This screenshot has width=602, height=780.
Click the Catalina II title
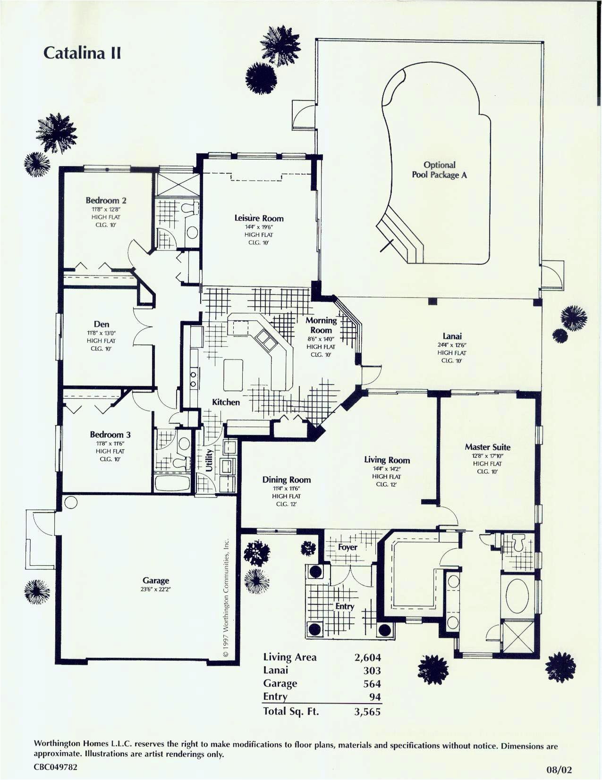pyautogui.click(x=82, y=52)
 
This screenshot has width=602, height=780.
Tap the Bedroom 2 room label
pyautogui.click(x=106, y=201)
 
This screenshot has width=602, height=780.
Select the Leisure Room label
pyautogui.click(x=259, y=218)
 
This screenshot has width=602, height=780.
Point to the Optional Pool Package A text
pyautogui.click(x=439, y=170)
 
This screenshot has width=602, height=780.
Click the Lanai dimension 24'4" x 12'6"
pyautogui.click(x=451, y=344)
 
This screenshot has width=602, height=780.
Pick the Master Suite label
pyautogui.click(x=487, y=447)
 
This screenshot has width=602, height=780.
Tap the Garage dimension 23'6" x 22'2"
pyautogui.click(x=155, y=589)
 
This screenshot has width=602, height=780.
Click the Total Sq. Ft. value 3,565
pyautogui.click(x=367, y=712)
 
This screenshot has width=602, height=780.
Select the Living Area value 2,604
pyautogui.click(x=367, y=657)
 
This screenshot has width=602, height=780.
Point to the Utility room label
pyautogui.click(x=209, y=460)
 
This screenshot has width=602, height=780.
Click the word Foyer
pyautogui.click(x=348, y=547)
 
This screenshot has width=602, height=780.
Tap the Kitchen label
pyautogui.click(x=226, y=402)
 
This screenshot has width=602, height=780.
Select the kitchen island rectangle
pyautogui.click(x=233, y=375)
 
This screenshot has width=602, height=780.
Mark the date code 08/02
pyautogui.click(x=559, y=770)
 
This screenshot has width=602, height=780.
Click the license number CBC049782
pyautogui.click(x=55, y=767)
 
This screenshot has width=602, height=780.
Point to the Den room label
pyautogui.click(x=102, y=324)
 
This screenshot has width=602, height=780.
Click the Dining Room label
pyautogui.click(x=286, y=479)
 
